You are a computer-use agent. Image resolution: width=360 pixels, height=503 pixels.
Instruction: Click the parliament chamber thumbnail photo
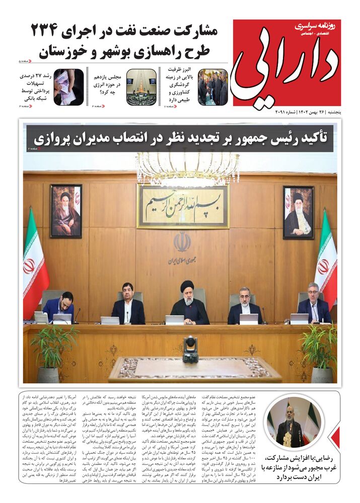pyautogui.click(x=141, y=87)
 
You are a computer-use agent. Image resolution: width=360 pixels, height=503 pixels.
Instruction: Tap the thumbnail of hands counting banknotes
pyautogui.click(x=68, y=87)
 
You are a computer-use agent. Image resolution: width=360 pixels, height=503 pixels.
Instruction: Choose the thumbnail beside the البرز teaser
pyautogui.click(x=212, y=87)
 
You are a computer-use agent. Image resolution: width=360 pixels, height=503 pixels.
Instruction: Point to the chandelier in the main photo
pyautogui.click(x=187, y=166)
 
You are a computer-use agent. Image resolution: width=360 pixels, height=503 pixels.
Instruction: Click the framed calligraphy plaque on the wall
pyautogui.click(x=183, y=206)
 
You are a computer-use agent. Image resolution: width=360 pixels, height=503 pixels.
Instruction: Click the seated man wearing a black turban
pyautogui.click(x=188, y=304)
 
